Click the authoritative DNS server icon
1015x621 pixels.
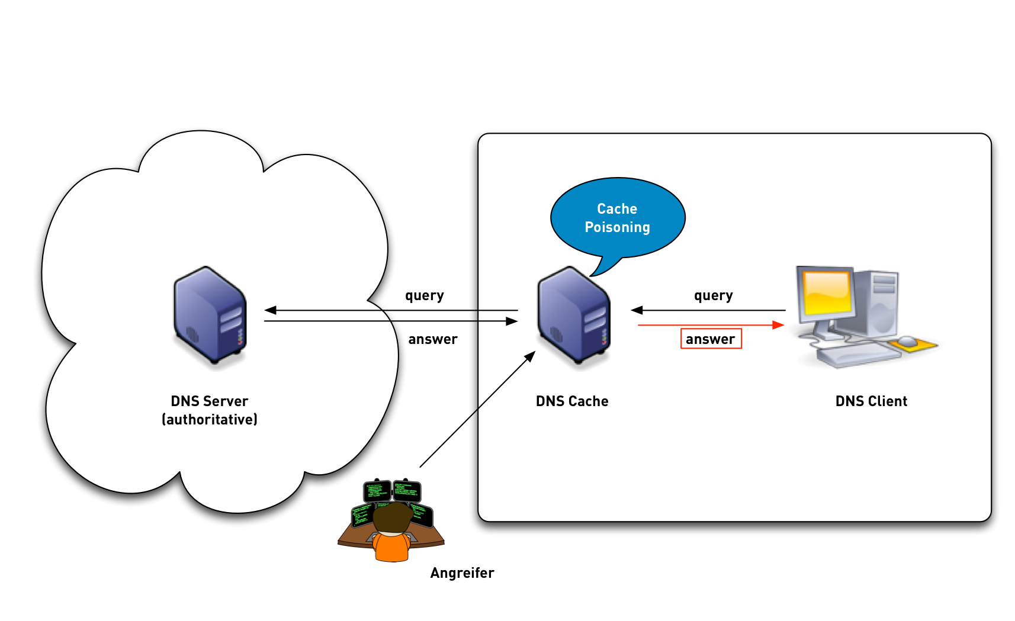click(x=210, y=315)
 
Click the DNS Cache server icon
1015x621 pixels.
click(x=573, y=315)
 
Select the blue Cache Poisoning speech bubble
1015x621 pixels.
click(x=618, y=217)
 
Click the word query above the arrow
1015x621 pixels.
click(x=713, y=295)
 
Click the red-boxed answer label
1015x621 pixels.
click(x=711, y=339)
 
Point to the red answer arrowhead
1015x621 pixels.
click(x=779, y=325)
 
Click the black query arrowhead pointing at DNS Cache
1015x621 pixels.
click(x=637, y=310)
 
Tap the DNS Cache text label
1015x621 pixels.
click(x=572, y=401)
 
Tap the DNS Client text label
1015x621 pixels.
click(x=871, y=401)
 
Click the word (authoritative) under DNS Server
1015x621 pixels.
click(x=210, y=420)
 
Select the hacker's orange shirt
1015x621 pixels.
click(x=391, y=548)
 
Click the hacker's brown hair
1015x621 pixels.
click(x=391, y=517)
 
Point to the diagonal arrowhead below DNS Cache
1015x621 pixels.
click(x=531, y=356)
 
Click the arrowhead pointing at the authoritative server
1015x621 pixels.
click(x=270, y=310)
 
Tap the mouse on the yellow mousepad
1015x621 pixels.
click(x=907, y=341)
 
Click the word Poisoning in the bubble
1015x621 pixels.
click(x=617, y=227)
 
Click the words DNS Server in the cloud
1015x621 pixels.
click(x=210, y=401)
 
